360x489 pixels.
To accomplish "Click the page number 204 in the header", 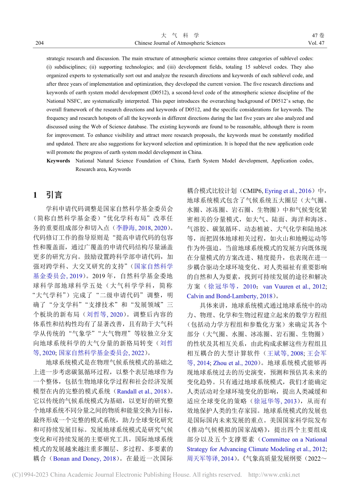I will point(39,43).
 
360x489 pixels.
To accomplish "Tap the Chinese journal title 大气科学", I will point(180,35).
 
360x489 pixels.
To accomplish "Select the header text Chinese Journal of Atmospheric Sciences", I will point(180,43).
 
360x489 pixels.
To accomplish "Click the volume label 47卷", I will point(318,35).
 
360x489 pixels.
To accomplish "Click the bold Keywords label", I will point(58,161).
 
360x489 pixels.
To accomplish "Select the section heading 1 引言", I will point(48,195).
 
